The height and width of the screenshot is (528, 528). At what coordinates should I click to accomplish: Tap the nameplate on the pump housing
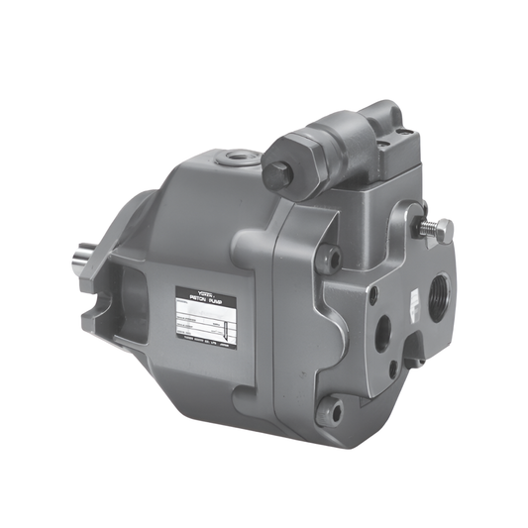(x=207, y=315)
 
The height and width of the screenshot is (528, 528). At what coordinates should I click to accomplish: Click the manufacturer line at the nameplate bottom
(x=207, y=341)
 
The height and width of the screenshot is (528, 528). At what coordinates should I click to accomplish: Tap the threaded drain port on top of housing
(x=238, y=156)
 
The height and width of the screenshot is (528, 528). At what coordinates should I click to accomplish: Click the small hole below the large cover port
(x=394, y=371)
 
